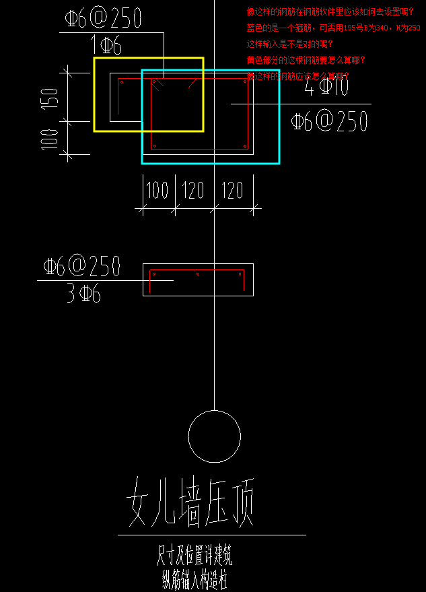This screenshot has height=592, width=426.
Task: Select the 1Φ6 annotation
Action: coord(106,46)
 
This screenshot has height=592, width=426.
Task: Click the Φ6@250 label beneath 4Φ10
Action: coord(330,121)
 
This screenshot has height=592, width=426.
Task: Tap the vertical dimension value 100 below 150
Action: coord(49,139)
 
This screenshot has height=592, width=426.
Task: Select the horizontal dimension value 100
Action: coord(157,191)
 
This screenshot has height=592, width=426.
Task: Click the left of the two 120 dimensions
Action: coord(192,191)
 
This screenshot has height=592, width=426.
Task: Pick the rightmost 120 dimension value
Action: coord(232,191)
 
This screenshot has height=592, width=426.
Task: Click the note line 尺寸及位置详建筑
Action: coord(194,555)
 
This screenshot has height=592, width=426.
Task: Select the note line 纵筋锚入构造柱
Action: coord(195,577)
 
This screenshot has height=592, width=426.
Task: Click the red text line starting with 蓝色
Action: coord(333,28)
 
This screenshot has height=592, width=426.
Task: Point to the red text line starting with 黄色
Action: coord(306,60)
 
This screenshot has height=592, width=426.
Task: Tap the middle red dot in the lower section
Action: coord(197,274)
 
